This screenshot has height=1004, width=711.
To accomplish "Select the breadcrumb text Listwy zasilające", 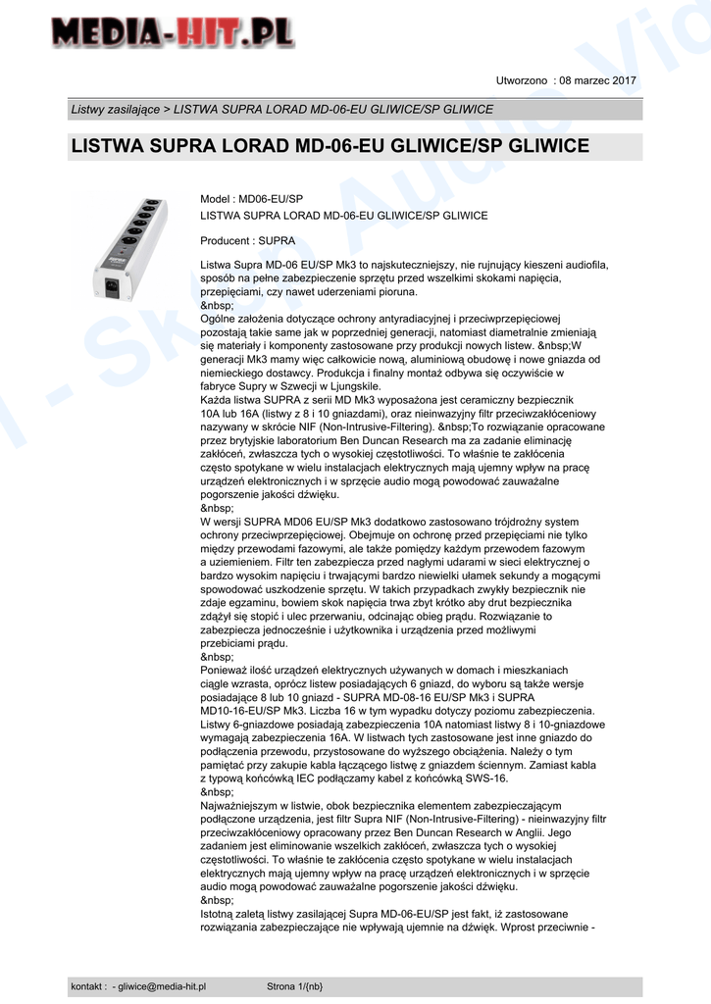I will click(x=116, y=109).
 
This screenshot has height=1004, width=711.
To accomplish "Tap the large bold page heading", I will click(x=330, y=146).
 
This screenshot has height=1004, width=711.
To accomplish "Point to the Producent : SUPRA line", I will click(x=247, y=240).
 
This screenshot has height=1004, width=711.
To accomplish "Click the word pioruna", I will click(x=393, y=291).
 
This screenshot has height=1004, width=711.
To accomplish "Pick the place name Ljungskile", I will click(x=352, y=386).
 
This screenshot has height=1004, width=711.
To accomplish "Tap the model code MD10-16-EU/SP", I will click(x=247, y=711).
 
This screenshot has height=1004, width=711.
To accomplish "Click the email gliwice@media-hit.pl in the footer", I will click(x=163, y=986).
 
